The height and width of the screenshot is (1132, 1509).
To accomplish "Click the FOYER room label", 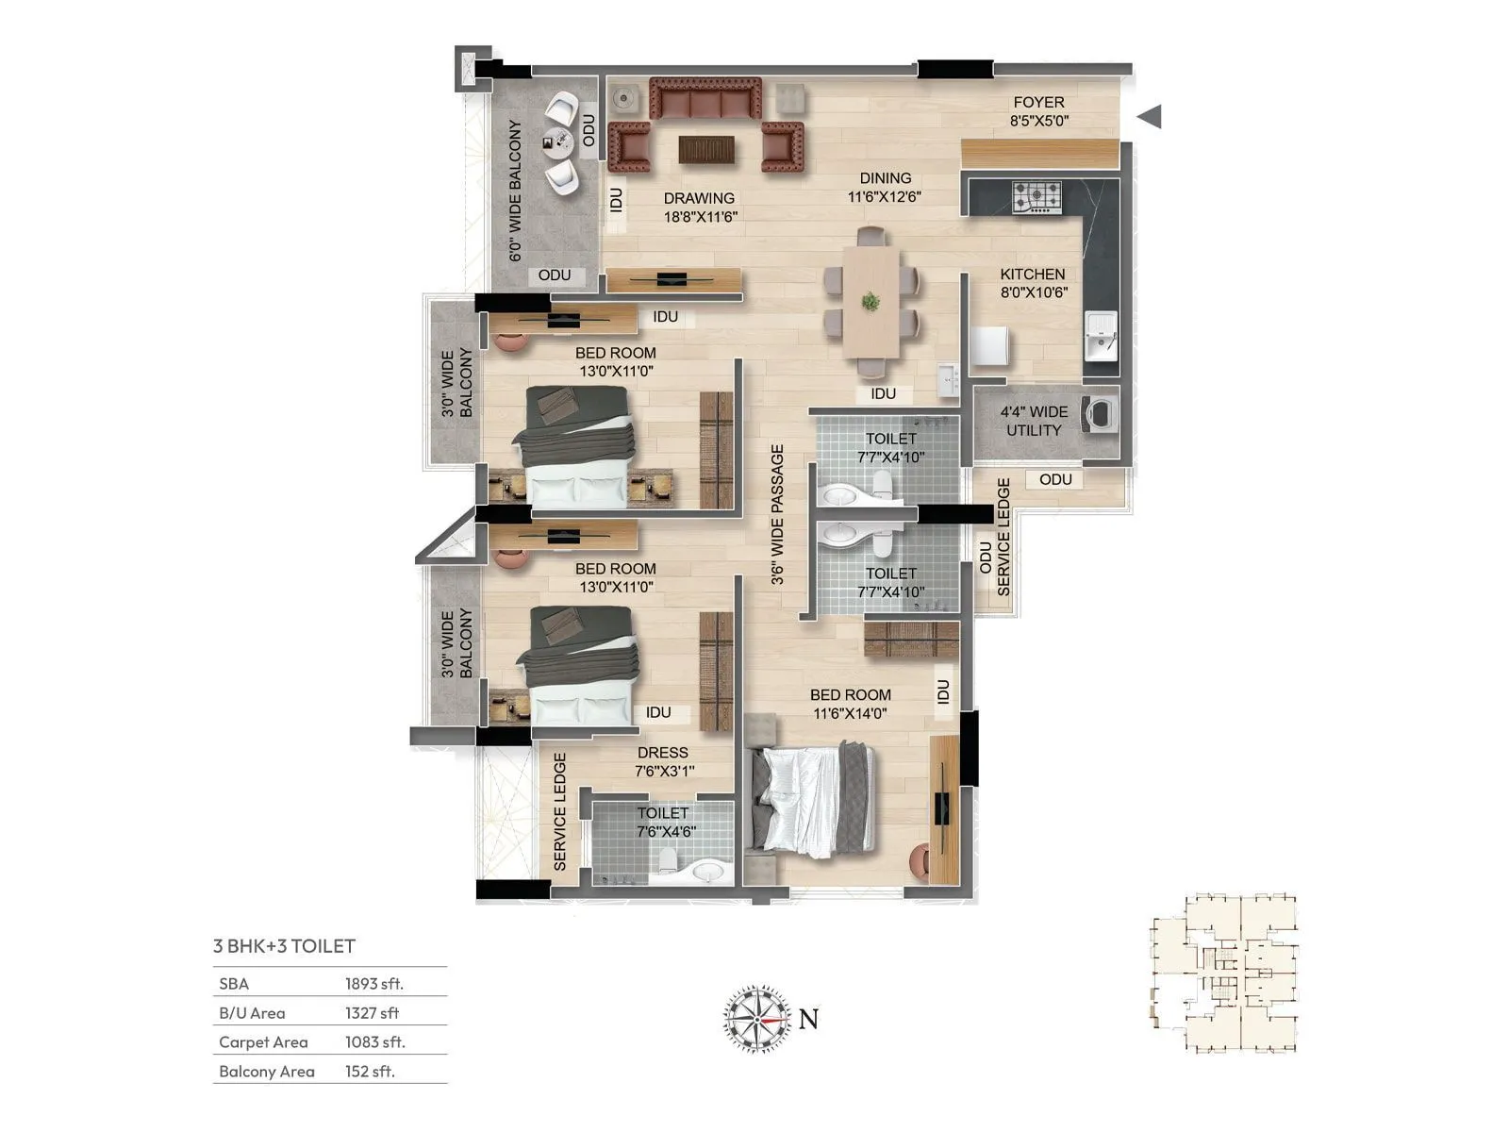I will click(1038, 111).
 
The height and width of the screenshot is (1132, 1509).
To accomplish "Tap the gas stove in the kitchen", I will click(1036, 197).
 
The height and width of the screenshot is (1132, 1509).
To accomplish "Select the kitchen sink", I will click(1100, 337).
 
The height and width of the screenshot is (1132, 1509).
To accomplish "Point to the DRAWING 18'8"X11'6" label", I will click(700, 208).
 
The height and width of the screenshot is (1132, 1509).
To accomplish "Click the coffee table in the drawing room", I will click(706, 149).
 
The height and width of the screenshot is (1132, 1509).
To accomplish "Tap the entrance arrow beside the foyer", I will click(1149, 117).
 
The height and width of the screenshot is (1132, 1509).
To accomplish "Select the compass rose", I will click(757, 1019).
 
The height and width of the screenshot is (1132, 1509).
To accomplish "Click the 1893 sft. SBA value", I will click(373, 984).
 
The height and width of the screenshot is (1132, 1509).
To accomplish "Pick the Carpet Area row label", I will click(263, 1042).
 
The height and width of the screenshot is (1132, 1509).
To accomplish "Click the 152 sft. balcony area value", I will click(370, 1072).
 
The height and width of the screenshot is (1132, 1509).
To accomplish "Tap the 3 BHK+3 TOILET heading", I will click(284, 946).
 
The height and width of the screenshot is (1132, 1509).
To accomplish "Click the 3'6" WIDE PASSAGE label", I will click(777, 515).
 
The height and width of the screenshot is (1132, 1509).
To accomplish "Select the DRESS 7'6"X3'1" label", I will click(663, 761).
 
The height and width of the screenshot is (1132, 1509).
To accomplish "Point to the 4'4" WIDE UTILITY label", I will click(1034, 421).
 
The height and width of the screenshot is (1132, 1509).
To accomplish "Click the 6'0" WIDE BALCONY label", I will click(516, 191).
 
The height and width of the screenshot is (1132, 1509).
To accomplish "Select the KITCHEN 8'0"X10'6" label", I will click(1033, 283).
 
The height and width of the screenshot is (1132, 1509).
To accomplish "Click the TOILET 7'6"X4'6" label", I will click(663, 822).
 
